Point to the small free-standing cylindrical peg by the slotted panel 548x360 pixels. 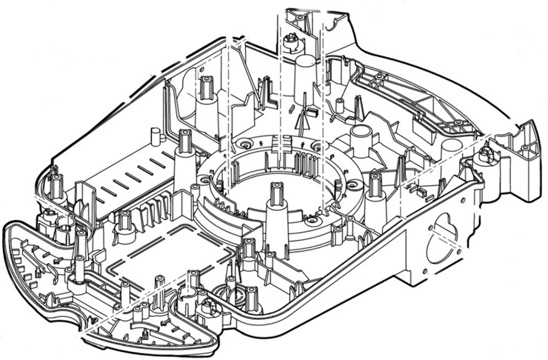coord(156,137)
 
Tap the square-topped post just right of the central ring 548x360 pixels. coord(375,185)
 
